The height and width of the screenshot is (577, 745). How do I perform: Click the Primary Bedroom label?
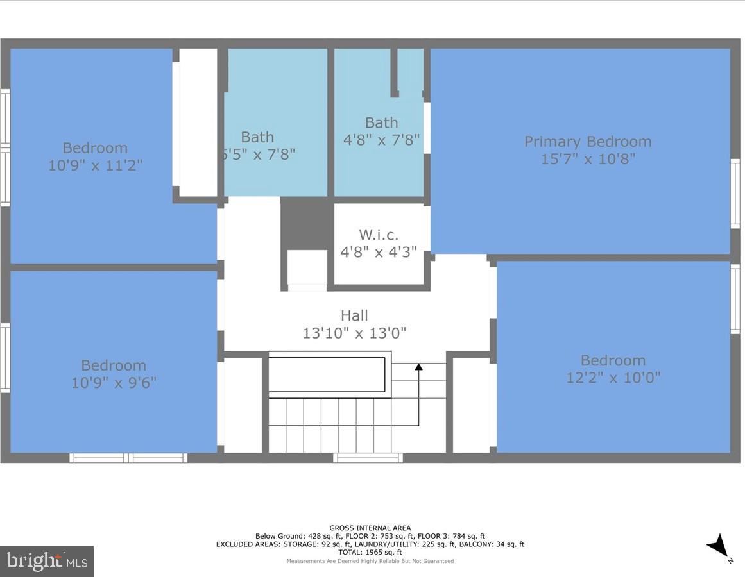click(x=587, y=142)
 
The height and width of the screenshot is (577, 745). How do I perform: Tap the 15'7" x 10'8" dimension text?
click(x=587, y=159)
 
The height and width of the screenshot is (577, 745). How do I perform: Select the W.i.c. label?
click(x=379, y=235)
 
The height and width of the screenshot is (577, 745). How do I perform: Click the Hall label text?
click(x=354, y=315)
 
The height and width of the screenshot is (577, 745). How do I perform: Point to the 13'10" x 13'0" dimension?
click(x=354, y=333)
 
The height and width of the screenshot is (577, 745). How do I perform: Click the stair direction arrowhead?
click(x=418, y=367)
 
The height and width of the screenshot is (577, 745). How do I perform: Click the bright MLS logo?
click(x=47, y=562)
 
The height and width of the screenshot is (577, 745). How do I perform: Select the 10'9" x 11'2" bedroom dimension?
click(x=95, y=165)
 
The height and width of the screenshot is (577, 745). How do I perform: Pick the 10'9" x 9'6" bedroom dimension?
click(x=114, y=383)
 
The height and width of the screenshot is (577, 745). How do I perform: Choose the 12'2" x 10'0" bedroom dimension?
click(x=613, y=378)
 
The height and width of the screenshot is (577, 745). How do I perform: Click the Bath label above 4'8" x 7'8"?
click(x=381, y=122)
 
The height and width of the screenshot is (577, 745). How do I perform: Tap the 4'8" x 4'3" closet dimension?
click(x=379, y=253)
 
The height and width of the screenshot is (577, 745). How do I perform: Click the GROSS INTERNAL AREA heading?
click(x=370, y=528)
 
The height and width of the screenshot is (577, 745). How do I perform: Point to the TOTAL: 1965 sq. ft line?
click(x=370, y=552)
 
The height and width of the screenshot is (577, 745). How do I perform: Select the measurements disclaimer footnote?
click(x=370, y=561)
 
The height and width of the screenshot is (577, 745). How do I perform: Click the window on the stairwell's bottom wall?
click(x=368, y=458)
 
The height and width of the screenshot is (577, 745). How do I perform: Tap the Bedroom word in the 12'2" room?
click(x=613, y=360)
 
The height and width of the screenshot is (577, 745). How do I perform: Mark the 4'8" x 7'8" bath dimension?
click(x=382, y=140)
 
